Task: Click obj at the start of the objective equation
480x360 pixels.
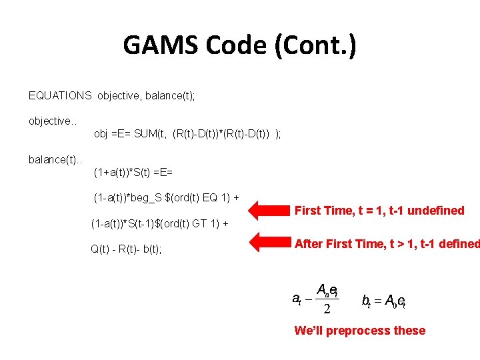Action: click(x=101, y=134)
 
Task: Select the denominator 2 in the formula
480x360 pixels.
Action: click(x=326, y=309)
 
